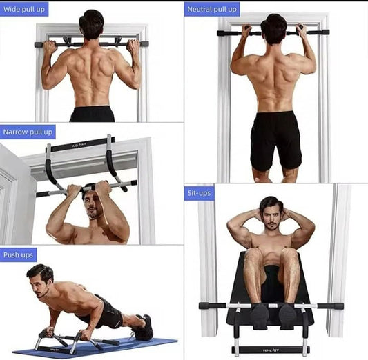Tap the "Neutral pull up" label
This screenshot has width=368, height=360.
212,10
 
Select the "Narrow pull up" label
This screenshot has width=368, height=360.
28,132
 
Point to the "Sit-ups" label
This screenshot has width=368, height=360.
199,193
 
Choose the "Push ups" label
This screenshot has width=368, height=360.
19,255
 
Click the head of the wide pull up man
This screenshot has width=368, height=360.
91,25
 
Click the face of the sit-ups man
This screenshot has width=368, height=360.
271,216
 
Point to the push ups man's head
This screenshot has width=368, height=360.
41,278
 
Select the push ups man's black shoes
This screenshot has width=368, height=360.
143,328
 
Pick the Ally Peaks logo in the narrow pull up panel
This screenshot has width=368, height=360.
81,145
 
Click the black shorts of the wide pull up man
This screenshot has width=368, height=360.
92,114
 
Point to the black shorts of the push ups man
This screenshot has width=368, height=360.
109,314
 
